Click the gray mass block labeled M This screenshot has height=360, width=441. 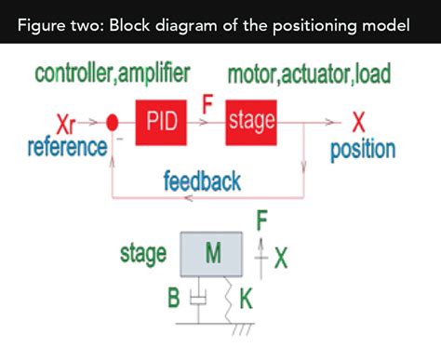[212, 253]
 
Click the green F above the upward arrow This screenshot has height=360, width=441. [263, 221]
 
